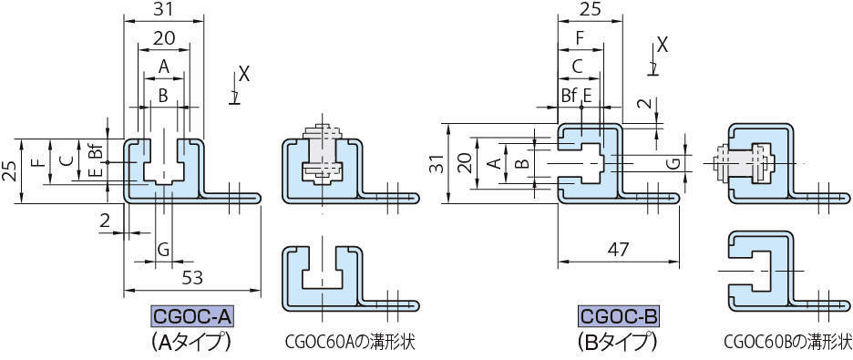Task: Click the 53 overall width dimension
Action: tap(192, 279)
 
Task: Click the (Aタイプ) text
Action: tap(192, 343)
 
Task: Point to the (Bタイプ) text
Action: tap(617, 343)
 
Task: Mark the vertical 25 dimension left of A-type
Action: tap(9, 170)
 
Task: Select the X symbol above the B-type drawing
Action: tap(663, 43)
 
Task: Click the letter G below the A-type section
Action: tap(163, 249)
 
